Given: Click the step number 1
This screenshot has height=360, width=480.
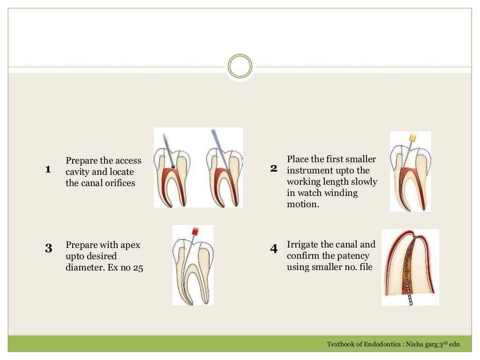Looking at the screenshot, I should coord(48,169).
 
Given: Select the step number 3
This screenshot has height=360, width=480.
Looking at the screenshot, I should coord(49,248).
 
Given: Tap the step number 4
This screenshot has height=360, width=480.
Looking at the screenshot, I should coord(274,248).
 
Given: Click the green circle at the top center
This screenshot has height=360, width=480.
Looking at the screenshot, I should coord(240,66).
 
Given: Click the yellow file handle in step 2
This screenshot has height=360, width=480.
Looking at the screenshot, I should coord(413,138).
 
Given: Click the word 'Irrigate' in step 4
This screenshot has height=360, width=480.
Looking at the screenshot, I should coord(302,244).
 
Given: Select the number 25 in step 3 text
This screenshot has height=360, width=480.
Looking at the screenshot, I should coord(138,268).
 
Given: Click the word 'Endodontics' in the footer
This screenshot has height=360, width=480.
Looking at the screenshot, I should coord(379,345).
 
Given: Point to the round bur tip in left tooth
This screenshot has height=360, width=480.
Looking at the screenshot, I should coord(173,165).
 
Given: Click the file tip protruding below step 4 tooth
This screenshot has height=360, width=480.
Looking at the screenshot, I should coord(411,300).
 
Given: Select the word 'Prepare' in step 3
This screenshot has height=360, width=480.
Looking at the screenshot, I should coord(82,245).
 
